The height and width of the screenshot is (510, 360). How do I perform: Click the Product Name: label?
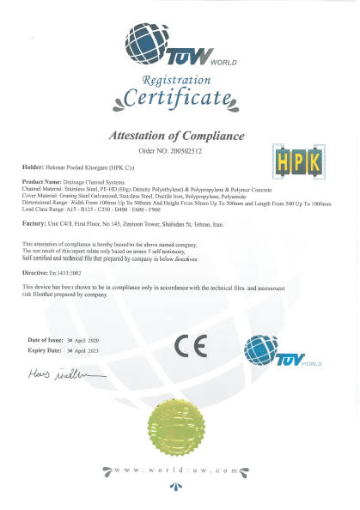coord(41,182)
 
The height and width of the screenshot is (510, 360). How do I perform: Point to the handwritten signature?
coord(64,375)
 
